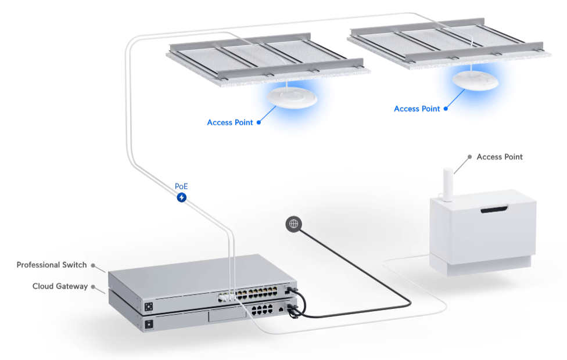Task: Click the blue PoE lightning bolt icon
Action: click(x=182, y=198)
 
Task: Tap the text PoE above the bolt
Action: click(x=182, y=187)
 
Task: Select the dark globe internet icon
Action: click(x=294, y=224)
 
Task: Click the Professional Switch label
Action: click(x=52, y=265)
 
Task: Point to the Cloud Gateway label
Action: click(x=60, y=286)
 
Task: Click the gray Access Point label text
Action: click(x=500, y=157)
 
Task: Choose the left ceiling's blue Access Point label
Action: click(x=230, y=123)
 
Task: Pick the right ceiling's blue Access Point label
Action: click(x=417, y=109)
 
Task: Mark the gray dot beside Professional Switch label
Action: click(x=94, y=265)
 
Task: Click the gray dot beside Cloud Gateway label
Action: click(x=94, y=287)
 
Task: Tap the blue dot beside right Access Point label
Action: click(x=446, y=109)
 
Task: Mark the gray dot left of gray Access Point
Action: click(x=469, y=157)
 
